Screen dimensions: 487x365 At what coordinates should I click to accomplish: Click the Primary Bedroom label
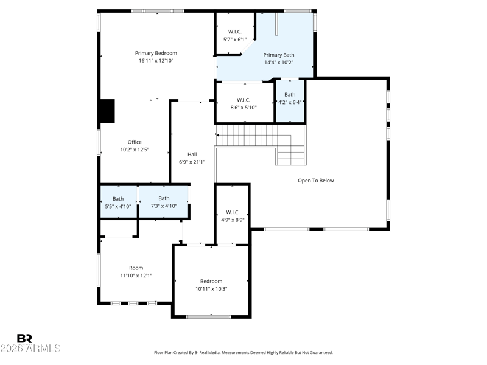coord(156,53)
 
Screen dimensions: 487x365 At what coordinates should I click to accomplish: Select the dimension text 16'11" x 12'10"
coord(156,61)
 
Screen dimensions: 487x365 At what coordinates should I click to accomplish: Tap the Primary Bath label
coord(279,55)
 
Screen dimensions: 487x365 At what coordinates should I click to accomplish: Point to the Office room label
coord(135,142)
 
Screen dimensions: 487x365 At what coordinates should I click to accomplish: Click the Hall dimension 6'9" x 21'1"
coord(192,162)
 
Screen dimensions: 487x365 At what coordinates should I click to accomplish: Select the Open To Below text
coord(315,181)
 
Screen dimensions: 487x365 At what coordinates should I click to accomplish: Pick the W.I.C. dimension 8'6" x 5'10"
coord(243,108)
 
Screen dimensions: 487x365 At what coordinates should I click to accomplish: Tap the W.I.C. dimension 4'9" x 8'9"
coord(233,220)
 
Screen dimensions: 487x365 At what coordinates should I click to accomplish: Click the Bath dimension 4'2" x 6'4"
coord(290,102)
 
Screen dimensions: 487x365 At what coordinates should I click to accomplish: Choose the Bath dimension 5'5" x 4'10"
coord(118,206)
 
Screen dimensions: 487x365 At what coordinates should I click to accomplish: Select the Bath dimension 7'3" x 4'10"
coord(164,206)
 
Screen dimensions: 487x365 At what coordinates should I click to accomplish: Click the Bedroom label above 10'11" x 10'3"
coord(211,282)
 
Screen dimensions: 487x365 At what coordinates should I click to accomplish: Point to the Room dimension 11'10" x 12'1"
coord(136,276)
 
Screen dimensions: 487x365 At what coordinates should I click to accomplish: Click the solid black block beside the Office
coord(108,111)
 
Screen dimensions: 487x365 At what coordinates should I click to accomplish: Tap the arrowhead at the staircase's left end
coord(217,135)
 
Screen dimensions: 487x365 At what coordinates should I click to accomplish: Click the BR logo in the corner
coord(24,338)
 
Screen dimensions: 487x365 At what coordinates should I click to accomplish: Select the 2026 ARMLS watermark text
coord(30,348)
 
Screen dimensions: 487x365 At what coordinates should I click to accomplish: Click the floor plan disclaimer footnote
coord(243,353)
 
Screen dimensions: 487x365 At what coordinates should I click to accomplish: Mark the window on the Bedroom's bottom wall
coord(208,316)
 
